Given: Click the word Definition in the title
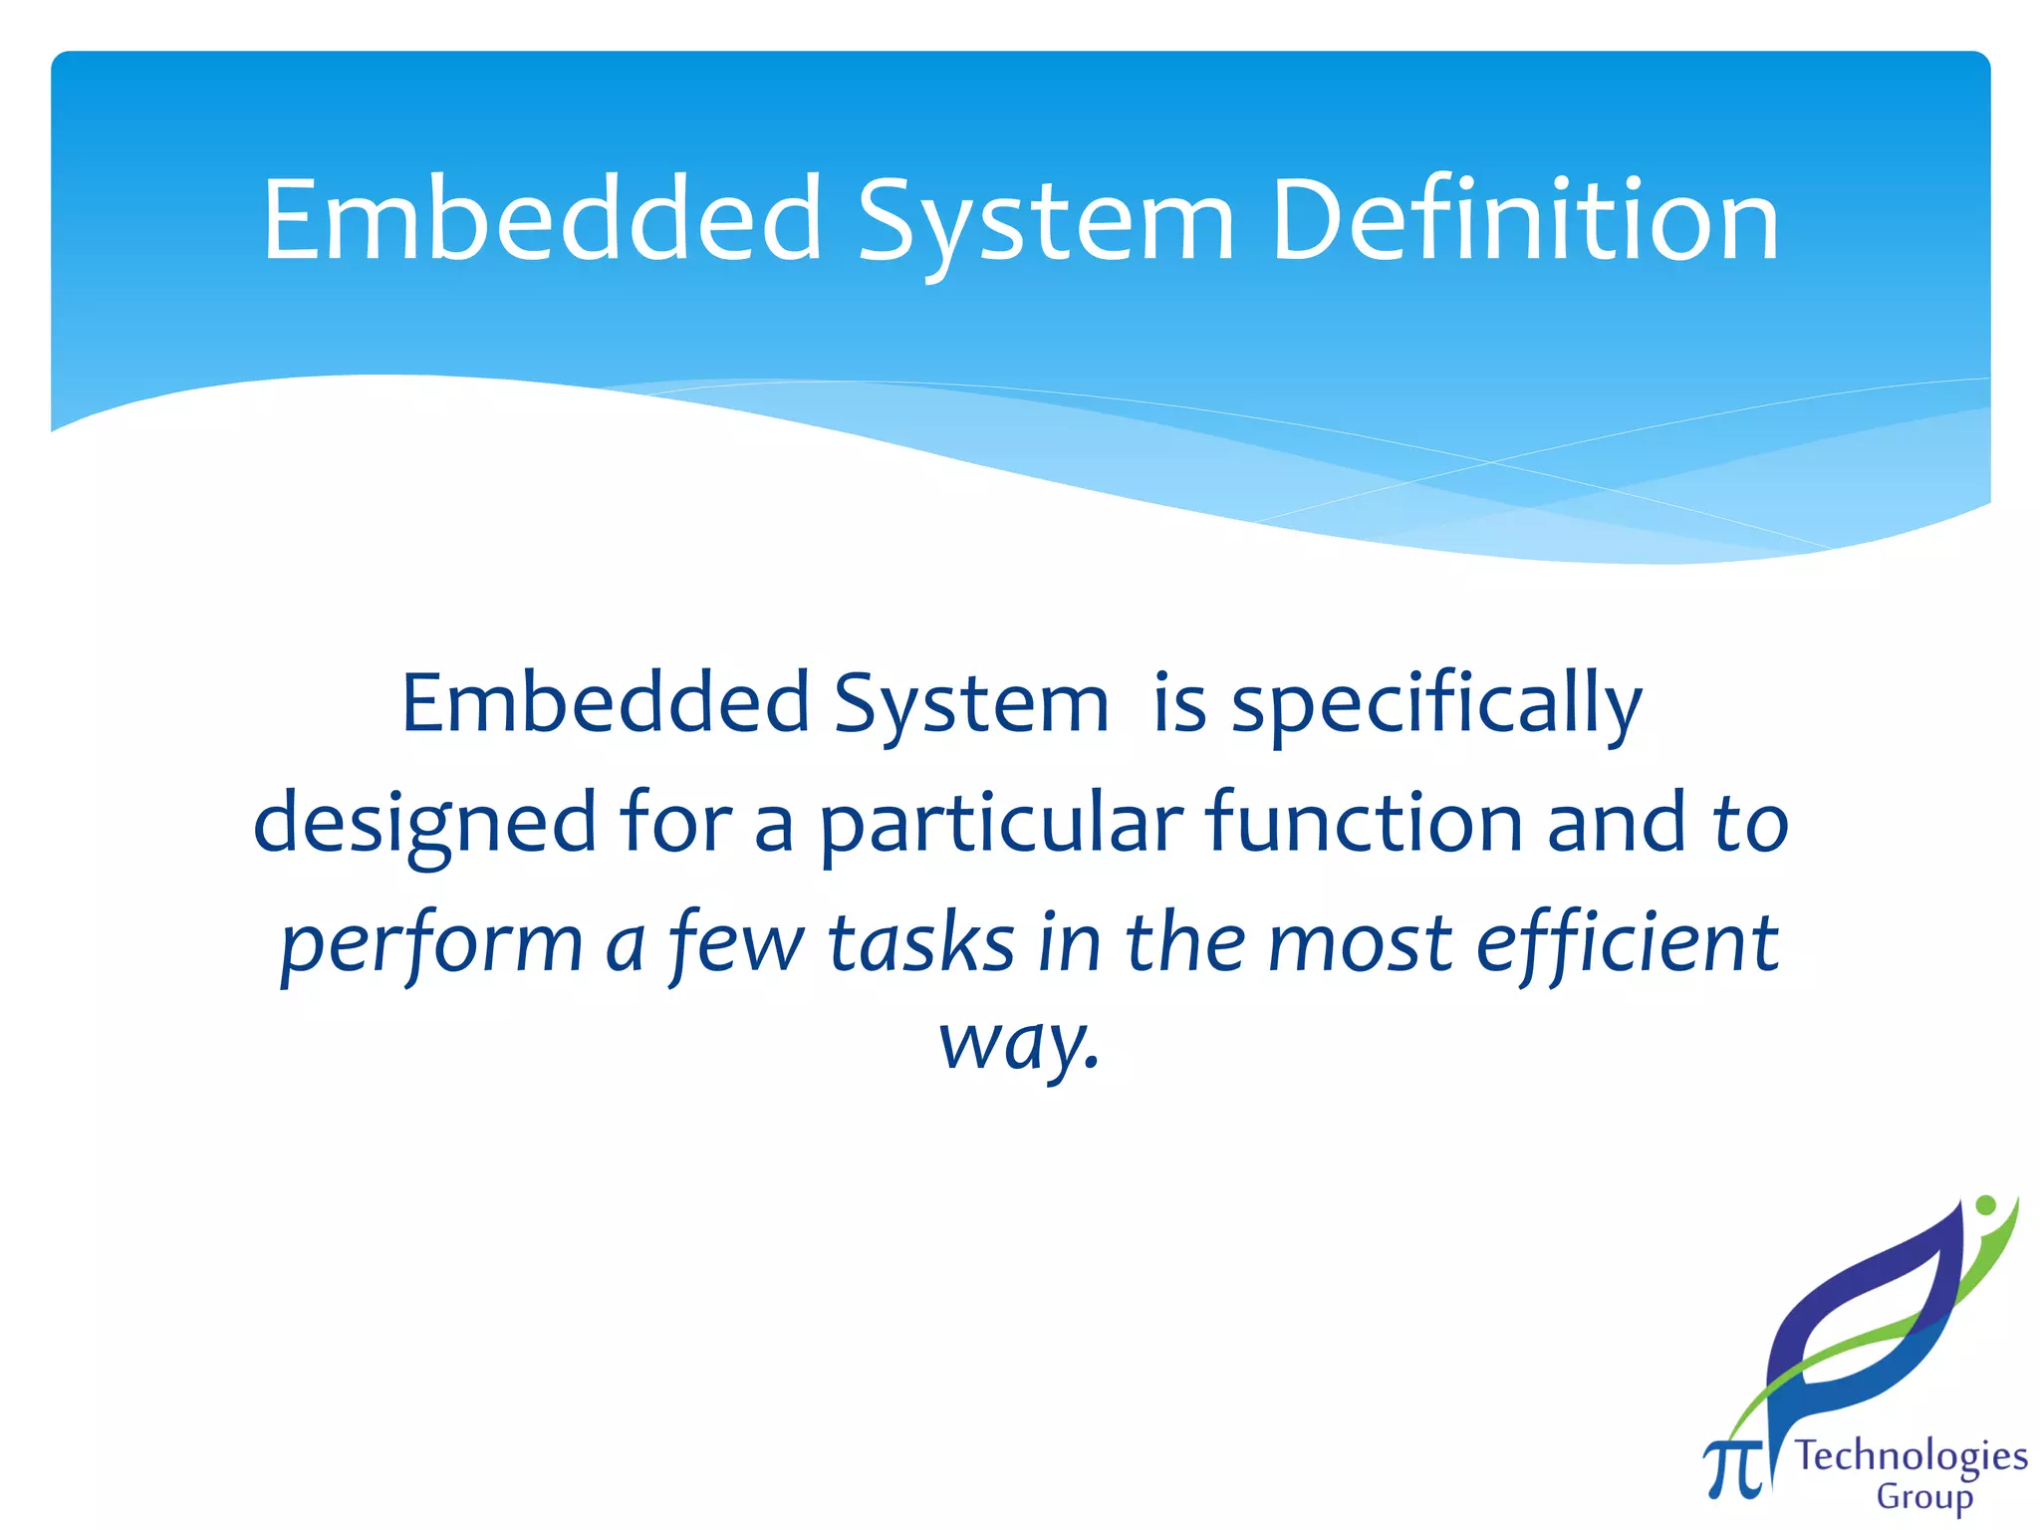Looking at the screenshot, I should (x=1525, y=220).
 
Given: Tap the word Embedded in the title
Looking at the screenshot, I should (x=543, y=220).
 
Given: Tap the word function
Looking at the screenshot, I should (x=1364, y=823).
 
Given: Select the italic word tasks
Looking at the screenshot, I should (x=921, y=942).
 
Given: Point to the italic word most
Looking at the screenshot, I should (x=1361, y=944).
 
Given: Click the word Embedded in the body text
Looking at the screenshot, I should (x=606, y=703).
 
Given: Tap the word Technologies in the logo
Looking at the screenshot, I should (x=1911, y=1457).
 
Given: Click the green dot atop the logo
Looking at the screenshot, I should (x=1985, y=1205).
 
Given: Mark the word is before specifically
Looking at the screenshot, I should (x=1179, y=703).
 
